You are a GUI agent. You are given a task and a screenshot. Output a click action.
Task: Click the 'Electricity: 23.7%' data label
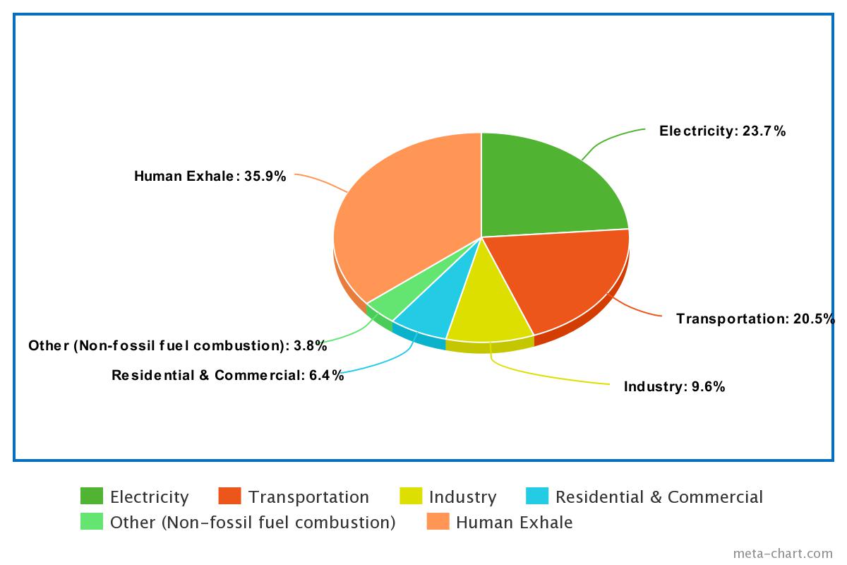(722, 131)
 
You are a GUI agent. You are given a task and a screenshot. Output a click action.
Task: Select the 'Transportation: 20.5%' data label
(755, 319)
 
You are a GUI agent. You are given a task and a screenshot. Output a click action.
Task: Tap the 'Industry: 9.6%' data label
(674, 386)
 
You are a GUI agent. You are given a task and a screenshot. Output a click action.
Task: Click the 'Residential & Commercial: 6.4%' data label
(227, 375)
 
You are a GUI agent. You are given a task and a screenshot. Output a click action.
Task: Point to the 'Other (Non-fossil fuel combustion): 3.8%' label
(177, 346)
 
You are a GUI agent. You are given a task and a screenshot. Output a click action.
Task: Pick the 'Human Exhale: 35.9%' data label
(210, 176)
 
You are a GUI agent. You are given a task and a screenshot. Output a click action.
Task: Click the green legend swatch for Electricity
(92, 496)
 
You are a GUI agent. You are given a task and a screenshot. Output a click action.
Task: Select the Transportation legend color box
(230, 496)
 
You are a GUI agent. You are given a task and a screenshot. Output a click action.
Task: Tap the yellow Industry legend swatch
(411, 496)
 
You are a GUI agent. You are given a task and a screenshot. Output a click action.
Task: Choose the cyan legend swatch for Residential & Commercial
(538, 496)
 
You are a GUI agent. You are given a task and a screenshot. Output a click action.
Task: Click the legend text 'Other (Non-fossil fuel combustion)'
(252, 523)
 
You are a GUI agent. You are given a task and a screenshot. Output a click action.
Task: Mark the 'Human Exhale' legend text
(514, 523)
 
